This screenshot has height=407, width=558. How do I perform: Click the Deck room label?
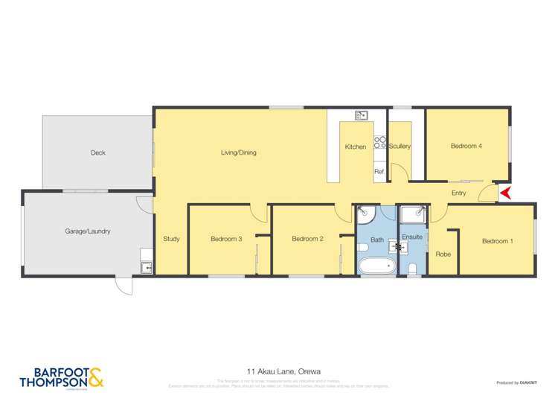98,153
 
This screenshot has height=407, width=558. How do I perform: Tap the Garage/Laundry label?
88,231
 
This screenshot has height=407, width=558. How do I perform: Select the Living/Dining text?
238,153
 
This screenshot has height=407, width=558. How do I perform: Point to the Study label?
171,239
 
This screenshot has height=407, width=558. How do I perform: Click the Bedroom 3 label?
226,239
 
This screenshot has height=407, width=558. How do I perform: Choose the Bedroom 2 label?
307,239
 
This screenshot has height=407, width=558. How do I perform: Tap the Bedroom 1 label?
497,241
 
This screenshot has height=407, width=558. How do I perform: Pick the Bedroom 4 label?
466,146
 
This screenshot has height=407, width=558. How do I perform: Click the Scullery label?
400,147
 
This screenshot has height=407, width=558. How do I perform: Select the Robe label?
443,254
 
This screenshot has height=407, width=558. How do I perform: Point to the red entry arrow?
505,193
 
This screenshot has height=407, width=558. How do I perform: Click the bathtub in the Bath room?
376,265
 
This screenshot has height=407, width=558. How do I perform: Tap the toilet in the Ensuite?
412,268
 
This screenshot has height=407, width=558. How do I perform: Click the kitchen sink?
362,115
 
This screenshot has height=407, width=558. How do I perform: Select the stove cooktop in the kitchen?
379,142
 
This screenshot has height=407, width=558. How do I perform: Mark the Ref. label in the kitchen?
379,172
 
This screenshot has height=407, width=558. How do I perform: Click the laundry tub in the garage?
146,266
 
